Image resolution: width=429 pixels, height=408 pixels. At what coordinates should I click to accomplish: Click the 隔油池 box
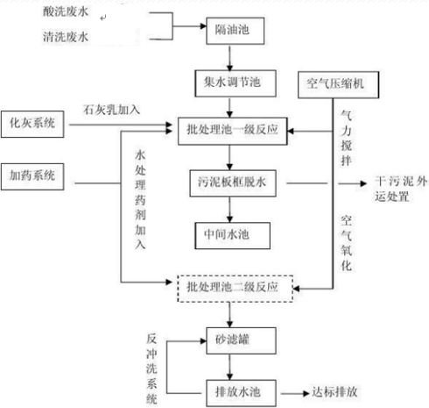(x=230, y=29)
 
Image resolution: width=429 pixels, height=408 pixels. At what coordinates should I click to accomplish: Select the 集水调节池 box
(x=229, y=82)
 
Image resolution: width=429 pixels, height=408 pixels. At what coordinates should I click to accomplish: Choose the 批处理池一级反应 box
(x=230, y=129)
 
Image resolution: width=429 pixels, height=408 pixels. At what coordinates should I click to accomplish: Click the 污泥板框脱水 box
(x=230, y=183)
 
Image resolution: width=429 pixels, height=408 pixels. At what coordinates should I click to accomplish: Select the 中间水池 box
(x=229, y=234)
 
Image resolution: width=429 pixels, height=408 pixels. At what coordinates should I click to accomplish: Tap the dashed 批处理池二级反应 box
(x=230, y=286)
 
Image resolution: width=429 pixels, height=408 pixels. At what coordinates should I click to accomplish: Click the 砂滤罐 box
(x=229, y=337)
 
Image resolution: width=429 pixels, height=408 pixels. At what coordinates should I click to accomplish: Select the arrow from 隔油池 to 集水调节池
(x=230, y=55)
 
